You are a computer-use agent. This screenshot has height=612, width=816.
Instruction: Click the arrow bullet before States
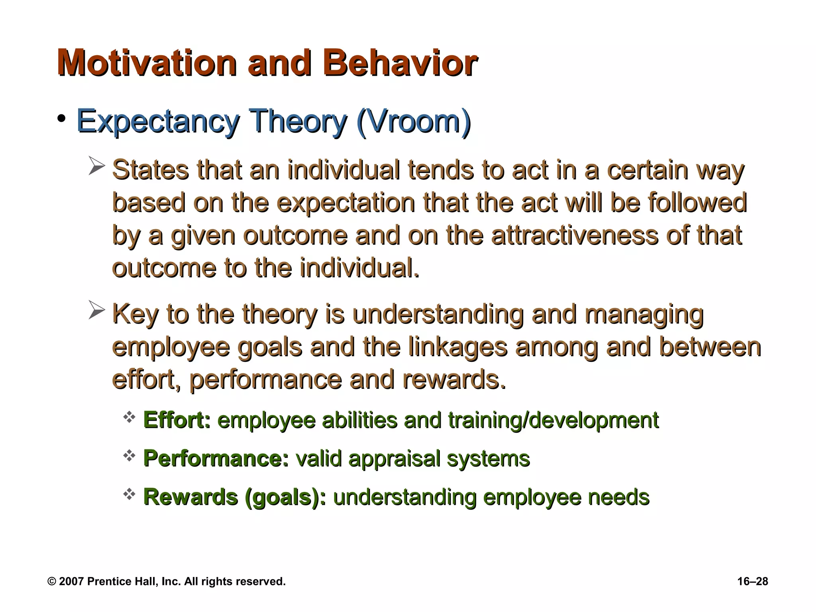click(x=96, y=166)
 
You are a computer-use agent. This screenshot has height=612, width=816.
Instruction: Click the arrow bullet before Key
click(x=96, y=310)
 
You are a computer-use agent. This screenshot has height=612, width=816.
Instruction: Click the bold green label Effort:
click(x=177, y=420)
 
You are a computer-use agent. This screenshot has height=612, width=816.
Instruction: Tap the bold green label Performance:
click(x=216, y=458)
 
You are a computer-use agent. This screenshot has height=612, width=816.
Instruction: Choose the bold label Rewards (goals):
click(x=234, y=497)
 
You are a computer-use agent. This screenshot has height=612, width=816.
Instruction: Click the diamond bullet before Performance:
click(x=129, y=456)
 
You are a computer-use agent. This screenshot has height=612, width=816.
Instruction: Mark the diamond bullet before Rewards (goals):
click(x=129, y=494)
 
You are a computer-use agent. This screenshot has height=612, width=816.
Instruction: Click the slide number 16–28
click(x=752, y=581)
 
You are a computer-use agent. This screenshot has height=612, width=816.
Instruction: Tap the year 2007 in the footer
click(x=71, y=581)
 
